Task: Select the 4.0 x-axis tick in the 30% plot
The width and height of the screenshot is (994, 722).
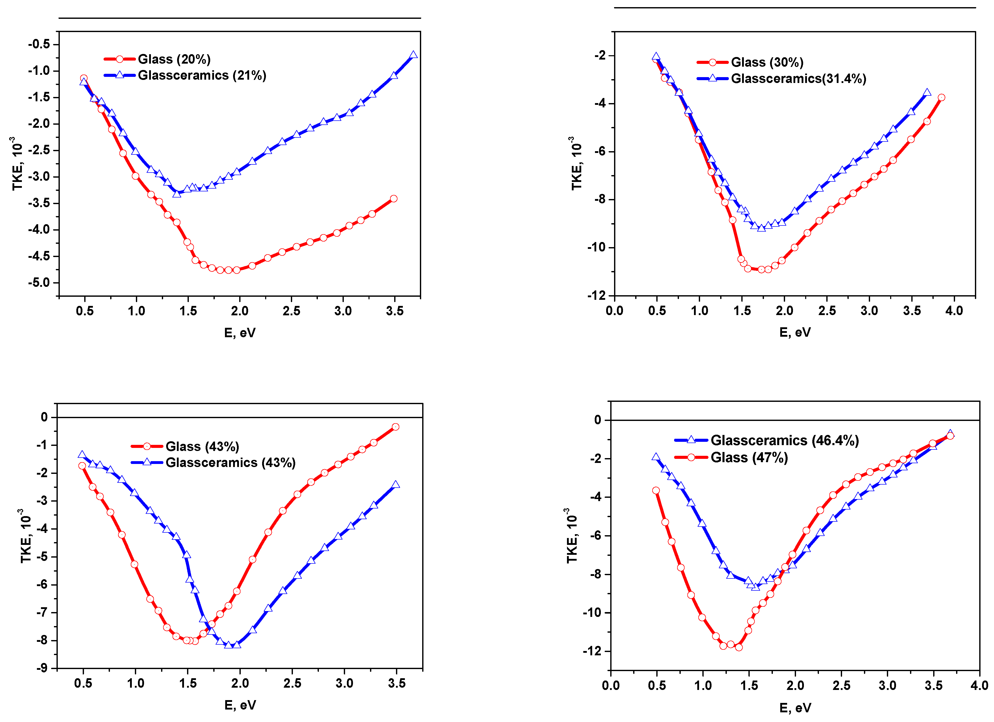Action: pos(954,311)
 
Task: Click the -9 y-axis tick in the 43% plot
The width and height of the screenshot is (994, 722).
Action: pos(42,668)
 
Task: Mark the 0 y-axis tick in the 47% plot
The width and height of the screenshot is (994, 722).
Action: pos(598,420)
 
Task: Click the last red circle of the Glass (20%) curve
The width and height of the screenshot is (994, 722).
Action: pos(394,199)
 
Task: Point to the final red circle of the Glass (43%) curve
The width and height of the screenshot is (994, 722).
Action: pos(395,427)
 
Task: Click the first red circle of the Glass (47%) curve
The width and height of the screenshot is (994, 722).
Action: pos(656,491)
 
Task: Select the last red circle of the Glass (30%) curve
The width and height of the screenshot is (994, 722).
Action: pos(941,97)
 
